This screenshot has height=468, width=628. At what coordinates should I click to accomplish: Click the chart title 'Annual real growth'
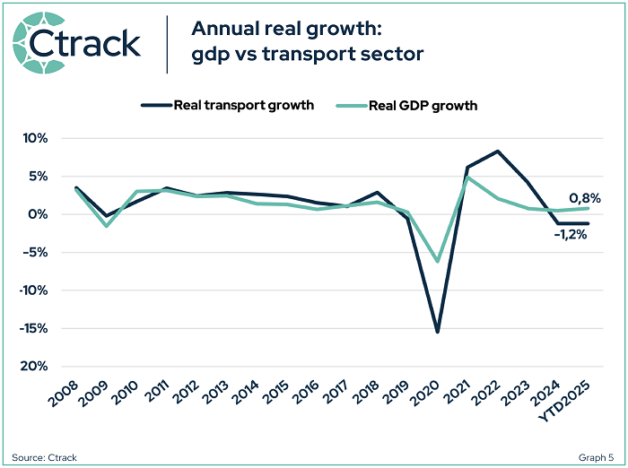tap(269, 28)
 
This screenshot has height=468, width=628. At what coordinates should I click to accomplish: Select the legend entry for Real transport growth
tap(228, 105)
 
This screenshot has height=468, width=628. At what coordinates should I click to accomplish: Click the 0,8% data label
tap(584, 198)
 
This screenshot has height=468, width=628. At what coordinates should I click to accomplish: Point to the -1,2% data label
tap(571, 235)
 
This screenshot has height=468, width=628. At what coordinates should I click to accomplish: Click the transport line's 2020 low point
tap(438, 332)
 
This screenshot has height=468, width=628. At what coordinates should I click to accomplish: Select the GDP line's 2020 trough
tap(438, 261)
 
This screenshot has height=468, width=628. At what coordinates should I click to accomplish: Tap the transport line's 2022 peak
tap(498, 152)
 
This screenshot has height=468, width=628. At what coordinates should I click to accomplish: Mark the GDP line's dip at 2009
tap(106, 225)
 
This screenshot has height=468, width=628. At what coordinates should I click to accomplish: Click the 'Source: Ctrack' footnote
tap(45, 457)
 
